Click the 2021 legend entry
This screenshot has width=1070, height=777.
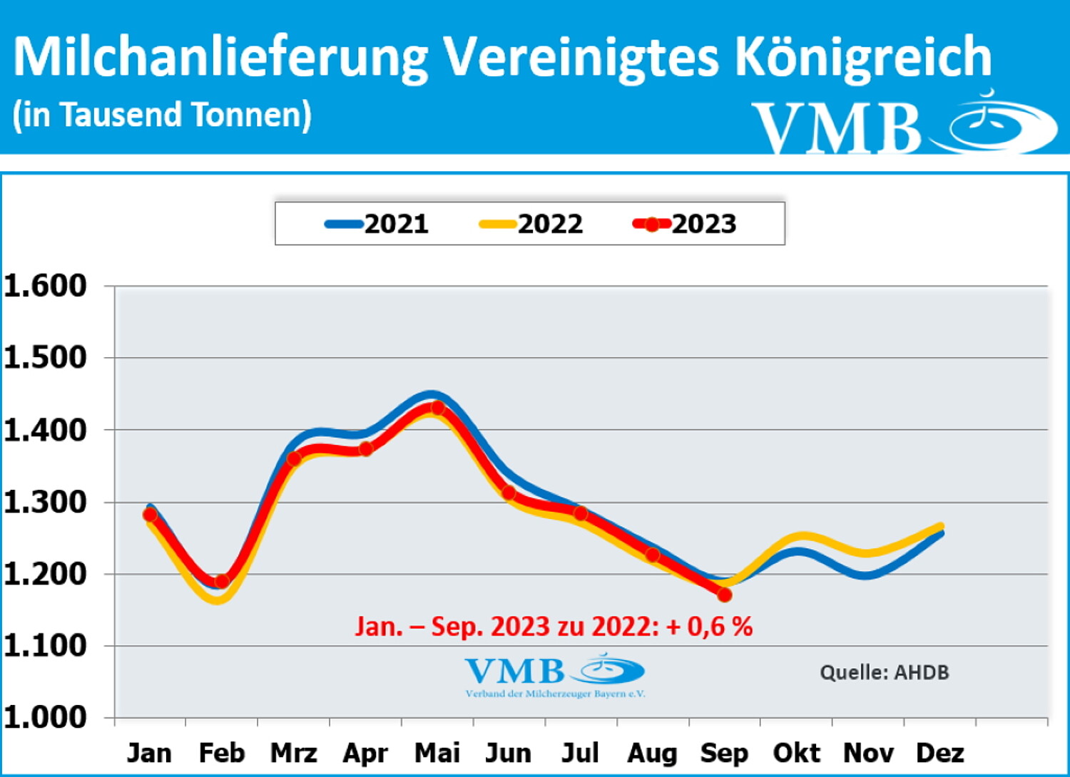click(377, 224)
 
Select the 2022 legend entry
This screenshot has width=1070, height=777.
click(531, 224)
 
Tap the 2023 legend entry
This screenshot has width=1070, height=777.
click(685, 224)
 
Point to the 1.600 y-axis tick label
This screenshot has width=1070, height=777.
click(46, 285)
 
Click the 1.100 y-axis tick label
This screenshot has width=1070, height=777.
click(46, 646)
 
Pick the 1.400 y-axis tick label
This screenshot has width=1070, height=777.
click(46, 430)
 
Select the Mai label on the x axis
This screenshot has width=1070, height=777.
click(437, 753)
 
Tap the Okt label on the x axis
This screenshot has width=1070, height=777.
click(797, 753)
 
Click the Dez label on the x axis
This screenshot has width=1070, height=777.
click(940, 753)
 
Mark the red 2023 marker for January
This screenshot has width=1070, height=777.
click(150, 515)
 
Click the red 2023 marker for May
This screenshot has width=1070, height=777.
click(437, 408)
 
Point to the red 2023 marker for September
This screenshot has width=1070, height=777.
click(725, 594)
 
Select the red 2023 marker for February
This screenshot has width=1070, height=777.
click(222, 581)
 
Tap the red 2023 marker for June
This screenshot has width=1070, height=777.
click(509, 493)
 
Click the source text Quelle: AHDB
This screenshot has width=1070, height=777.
click(885, 672)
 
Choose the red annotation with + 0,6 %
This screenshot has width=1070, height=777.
click(554, 627)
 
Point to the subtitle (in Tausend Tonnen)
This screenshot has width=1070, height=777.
click(162, 115)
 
